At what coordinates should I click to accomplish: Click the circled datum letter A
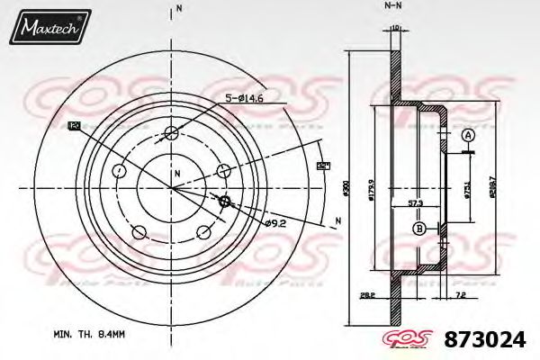coord(467,135)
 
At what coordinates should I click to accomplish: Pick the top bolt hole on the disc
coord(172,134)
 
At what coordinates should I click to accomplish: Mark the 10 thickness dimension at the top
coord(395,28)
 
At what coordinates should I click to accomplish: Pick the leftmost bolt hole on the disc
coord(120,170)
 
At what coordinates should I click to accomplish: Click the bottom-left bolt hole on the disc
coord(139,233)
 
